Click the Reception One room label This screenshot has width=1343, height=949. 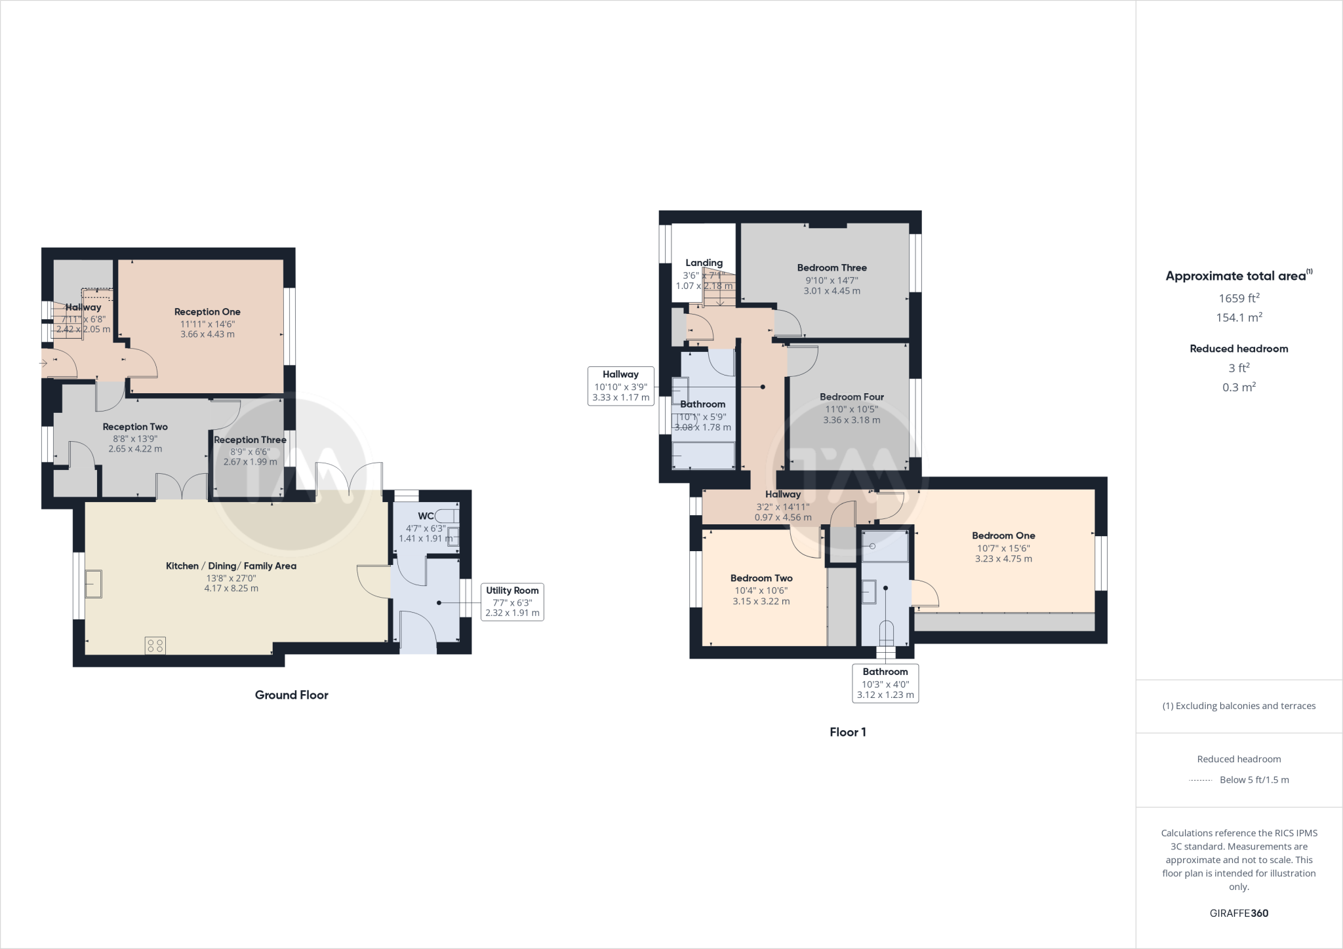click(207, 312)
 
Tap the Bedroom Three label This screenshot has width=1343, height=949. click(832, 267)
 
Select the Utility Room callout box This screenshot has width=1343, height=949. click(512, 602)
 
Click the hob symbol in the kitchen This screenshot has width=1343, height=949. click(155, 646)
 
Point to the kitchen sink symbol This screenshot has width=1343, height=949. click(93, 583)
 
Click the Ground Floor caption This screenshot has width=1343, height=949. click(291, 695)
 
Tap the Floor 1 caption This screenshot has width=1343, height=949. click(847, 732)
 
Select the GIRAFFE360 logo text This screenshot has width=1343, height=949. click(1239, 913)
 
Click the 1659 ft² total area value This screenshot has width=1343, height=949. click(1239, 298)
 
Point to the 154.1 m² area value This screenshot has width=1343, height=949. click(1239, 317)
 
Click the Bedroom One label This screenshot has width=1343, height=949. click(1003, 535)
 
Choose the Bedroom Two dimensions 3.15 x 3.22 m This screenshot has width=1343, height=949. click(761, 601)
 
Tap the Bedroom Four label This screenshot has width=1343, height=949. click(851, 397)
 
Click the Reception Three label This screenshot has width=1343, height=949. click(250, 440)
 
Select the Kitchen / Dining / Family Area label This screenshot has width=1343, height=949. click(231, 566)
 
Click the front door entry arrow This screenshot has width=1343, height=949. click(44, 362)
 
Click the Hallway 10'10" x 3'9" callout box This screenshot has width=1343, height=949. click(620, 386)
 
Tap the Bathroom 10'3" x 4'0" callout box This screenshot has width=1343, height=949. click(885, 683)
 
